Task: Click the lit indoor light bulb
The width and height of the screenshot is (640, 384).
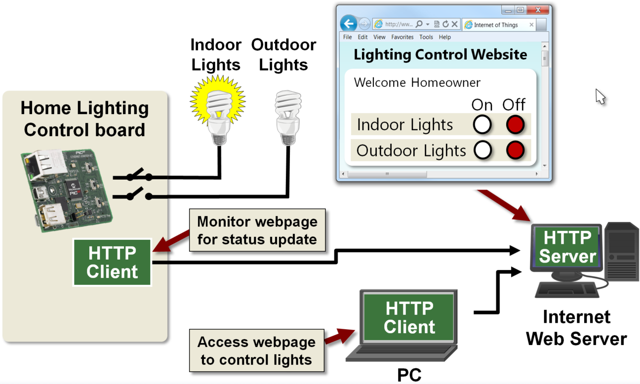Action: point(218,111)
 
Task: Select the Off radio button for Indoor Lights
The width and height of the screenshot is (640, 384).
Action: point(515,124)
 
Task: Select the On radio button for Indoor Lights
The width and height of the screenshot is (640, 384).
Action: point(482,124)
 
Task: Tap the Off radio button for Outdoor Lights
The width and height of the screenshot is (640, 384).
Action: point(515,150)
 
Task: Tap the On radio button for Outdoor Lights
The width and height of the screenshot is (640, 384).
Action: point(482,150)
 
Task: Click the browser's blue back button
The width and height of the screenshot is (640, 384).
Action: point(349,24)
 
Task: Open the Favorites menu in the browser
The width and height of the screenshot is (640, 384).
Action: point(402,37)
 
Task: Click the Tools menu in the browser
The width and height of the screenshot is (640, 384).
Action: point(426,37)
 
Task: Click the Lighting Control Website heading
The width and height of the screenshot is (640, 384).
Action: point(440,54)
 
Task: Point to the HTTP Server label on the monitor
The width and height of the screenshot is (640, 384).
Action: point(567,247)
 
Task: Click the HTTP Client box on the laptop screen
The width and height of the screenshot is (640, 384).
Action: point(409,317)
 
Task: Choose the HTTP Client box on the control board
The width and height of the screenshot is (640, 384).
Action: point(112,263)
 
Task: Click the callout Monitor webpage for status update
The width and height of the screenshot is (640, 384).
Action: point(257,230)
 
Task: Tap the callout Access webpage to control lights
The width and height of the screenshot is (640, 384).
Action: point(256,350)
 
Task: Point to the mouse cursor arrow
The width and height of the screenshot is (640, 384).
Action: point(600,96)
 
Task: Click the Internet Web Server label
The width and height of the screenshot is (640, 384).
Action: point(576,328)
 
